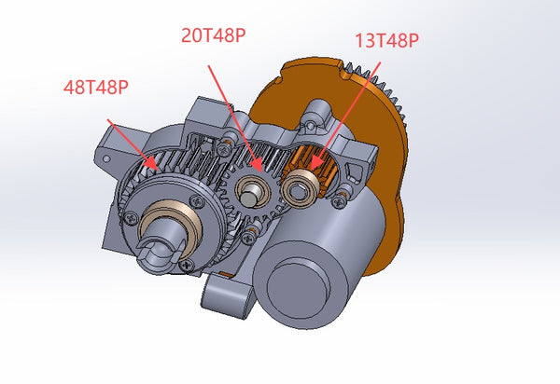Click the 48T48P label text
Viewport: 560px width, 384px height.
pyautogui.click(x=95, y=88)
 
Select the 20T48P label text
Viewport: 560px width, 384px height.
pyautogui.click(x=214, y=36)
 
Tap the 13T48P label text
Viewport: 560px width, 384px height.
pyautogui.click(x=386, y=40)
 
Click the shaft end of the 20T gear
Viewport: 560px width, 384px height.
pyautogui.click(x=250, y=194)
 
